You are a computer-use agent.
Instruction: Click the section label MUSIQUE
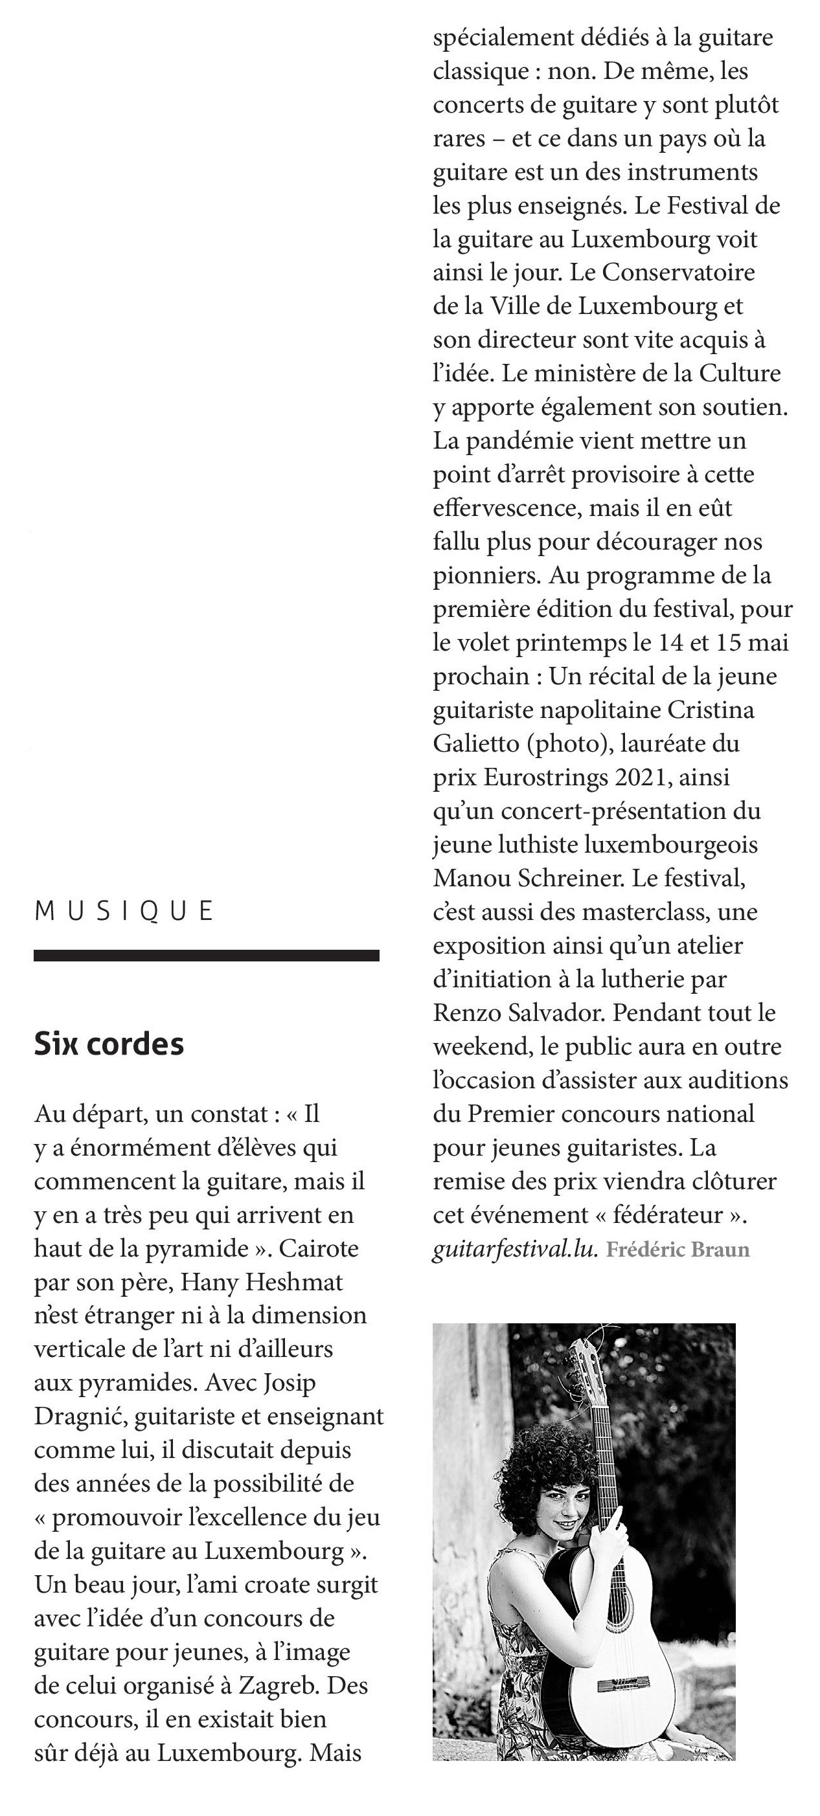click(x=123, y=911)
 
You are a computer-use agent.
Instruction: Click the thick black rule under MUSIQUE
click(x=206, y=955)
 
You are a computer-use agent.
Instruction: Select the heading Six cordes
click(x=109, y=1044)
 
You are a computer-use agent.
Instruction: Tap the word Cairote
click(x=319, y=1248)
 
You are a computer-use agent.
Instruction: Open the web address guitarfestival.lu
click(x=515, y=1250)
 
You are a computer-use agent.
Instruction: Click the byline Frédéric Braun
click(x=678, y=1250)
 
